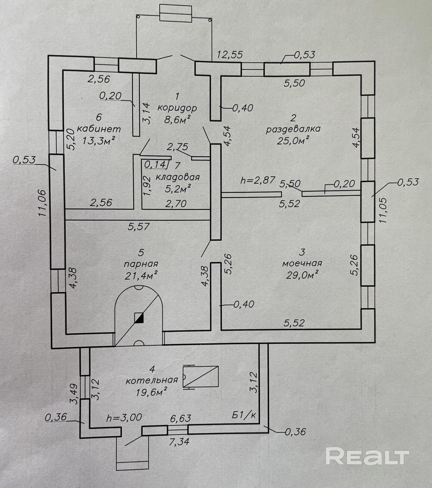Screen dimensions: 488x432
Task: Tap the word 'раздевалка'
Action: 293,129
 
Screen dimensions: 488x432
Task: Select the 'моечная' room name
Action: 302,263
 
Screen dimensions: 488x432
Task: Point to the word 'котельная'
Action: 152,381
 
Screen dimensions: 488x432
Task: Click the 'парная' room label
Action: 141,264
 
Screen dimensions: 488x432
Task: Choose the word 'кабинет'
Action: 99,129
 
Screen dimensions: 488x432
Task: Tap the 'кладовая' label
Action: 178,177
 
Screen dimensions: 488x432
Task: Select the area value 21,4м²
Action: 140,276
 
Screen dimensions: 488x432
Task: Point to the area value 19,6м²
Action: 151,392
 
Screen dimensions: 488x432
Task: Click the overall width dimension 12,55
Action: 230,55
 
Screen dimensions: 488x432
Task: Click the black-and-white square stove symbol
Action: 139,318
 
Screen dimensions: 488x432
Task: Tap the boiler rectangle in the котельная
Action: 201,377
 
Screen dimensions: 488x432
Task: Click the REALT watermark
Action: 367,456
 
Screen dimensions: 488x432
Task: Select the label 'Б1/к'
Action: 244,415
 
